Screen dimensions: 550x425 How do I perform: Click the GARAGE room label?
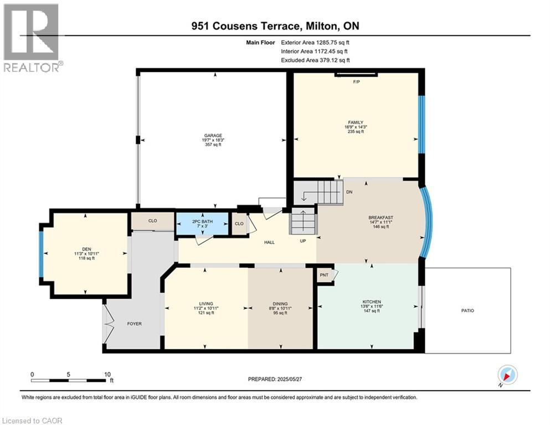click(x=213, y=136)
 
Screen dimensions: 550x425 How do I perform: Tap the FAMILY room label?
click(x=356, y=123)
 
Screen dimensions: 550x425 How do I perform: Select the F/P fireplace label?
click(x=356, y=82)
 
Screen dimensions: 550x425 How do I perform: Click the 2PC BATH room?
click(x=202, y=224)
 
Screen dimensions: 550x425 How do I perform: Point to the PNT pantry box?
click(x=325, y=275)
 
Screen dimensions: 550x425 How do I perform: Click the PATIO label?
click(x=467, y=310)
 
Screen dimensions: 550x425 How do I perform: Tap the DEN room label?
click(x=86, y=249)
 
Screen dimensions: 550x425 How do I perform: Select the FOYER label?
click(x=135, y=324)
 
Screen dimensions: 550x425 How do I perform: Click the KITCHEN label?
click(x=372, y=302)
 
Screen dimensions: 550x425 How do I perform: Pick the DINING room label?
click(x=280, y=304)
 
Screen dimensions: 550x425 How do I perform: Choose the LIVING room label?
click(x=206, y=304)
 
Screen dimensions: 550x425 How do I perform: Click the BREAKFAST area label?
click(x=381, y=217)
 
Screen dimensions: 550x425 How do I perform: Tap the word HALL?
click(x=269, y=242)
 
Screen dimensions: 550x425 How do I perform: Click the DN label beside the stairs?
click(x=349, y=192)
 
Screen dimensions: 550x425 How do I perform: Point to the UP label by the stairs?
click(x=303, y=241)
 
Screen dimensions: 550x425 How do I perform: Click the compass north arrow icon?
click(x=507, y=375)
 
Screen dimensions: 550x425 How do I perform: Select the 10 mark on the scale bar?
click(x=107, y=374)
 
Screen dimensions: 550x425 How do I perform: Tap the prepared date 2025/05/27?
click(x=289, y=379)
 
